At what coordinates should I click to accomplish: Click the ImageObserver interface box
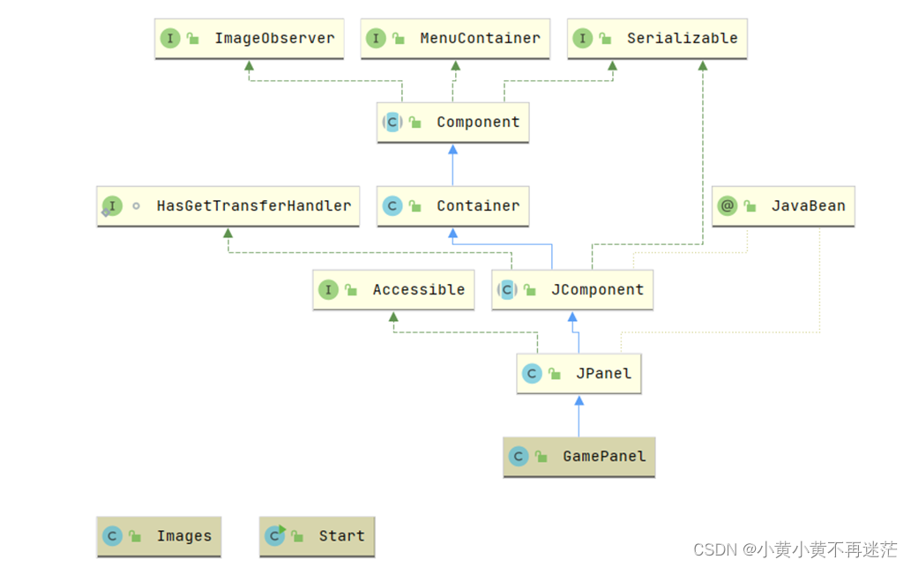(250, 38)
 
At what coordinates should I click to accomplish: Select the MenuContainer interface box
(455, 38)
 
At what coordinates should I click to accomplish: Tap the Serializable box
(657, 38)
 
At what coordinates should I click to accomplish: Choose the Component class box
(452, 123)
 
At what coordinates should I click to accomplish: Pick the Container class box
(452, 206)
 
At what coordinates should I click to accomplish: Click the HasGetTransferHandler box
(228, 206)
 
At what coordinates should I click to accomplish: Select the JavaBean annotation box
(783, 206)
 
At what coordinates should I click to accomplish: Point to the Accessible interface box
(393, 290)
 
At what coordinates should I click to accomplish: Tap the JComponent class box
(572, 290)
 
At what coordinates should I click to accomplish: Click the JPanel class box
(579, 374)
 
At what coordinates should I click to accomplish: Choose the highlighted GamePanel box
(579, 457)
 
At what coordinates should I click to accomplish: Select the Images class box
(159, 536)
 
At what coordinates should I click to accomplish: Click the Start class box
(317, 536)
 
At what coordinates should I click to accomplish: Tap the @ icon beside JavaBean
(728, 205)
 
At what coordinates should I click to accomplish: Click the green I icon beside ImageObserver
(170, 38)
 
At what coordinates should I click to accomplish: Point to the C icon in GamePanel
(519, 457)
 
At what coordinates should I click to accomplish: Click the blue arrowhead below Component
(452, 149)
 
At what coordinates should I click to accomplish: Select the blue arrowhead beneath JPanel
(579, 400)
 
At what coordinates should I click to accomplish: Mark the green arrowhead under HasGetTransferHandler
(228, 233)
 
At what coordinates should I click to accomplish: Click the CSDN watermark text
(795, 549)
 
